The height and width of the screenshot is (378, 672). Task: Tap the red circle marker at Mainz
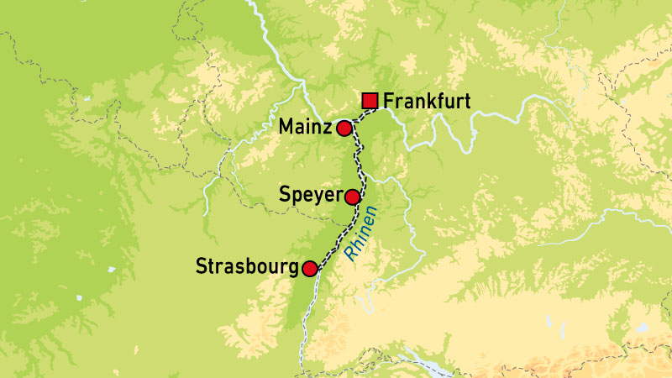(x=344, y=129)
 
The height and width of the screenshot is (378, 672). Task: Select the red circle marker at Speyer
(x=353, y=197)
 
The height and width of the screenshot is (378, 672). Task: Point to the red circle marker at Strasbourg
(x=310, y=269)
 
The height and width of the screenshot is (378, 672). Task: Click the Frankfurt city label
(x=425, y=102)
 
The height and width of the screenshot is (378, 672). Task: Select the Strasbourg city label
(x=247, y=269)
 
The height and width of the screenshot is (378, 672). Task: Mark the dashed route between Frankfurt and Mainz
(x=357, y=117)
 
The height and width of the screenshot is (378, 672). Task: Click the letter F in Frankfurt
(x=388, y=102)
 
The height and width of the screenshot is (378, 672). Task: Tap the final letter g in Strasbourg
(x=294, y=270)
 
